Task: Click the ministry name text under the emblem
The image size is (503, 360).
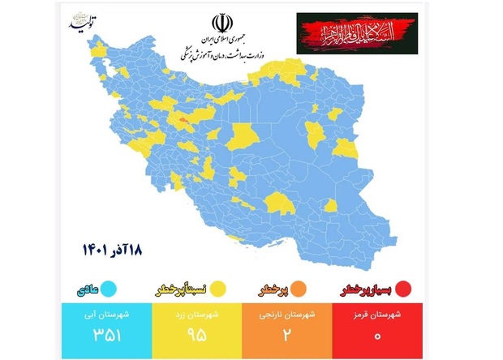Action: (x=220, y=50)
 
